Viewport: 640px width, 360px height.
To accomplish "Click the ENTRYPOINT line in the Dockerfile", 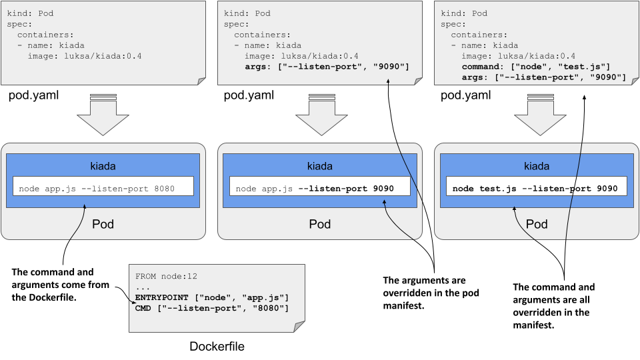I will [x=211, y=297].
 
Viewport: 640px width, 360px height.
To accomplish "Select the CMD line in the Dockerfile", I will [x=211, y=308].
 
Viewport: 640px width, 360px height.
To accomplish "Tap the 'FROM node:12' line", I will [x=167, y=276].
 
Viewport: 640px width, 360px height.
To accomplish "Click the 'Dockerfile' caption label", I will [x=217, y=346].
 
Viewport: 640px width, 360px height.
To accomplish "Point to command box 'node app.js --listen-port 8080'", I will [x=103, y=189].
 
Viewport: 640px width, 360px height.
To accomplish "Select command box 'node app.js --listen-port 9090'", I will [x=319, y=189].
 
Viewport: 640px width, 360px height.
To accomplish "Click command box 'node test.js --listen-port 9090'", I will [x=537, y=189].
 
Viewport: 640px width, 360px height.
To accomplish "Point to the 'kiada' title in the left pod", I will [x=103, y=165].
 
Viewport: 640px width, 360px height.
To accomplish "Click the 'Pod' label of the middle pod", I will [x=320, y=224].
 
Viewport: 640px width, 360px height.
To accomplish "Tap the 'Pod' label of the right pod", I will [x=537, y=224].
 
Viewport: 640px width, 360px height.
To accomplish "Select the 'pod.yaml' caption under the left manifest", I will [x=33, y=95].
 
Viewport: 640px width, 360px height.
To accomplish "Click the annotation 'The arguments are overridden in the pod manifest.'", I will [x=431, y=293].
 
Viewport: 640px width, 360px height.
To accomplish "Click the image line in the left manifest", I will [x=85, y=56].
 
